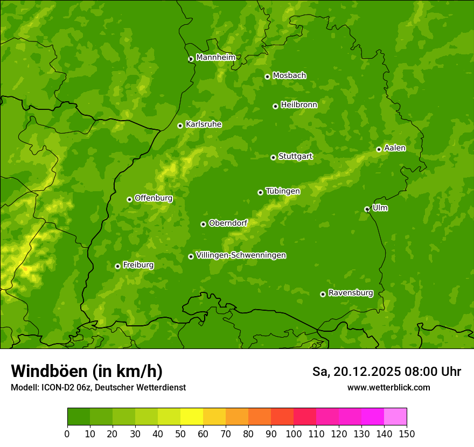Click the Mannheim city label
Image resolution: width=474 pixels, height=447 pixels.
[x=216, y=58]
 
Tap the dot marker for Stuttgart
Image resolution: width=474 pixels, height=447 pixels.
[x=274, y=157]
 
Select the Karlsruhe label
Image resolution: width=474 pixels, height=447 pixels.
[x=204, y=124]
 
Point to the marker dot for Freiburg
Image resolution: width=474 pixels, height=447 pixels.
[x=118, y=266]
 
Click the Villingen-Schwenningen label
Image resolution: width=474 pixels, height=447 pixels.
[x=241, y=255]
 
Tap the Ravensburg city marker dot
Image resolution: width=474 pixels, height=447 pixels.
[x=323, y=294]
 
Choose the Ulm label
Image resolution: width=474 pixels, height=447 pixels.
[x=380, y=208]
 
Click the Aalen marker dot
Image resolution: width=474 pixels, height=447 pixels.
[x=379, y=149]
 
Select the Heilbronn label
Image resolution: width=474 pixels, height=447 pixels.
[x=299, y=105]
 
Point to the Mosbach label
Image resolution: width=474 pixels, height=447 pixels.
[x=289, y=76]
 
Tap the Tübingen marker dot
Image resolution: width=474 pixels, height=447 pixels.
[x=261, y=192]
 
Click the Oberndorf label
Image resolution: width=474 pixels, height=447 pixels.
[x=228, y=223]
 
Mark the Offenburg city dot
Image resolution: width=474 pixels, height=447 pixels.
[x=130, y=199]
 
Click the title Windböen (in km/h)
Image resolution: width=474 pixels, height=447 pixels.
[x=87, y=371]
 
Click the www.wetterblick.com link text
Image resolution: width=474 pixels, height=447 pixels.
[x=389, y=387]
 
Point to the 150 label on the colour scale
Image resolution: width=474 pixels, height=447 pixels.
[x=407, y=434]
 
